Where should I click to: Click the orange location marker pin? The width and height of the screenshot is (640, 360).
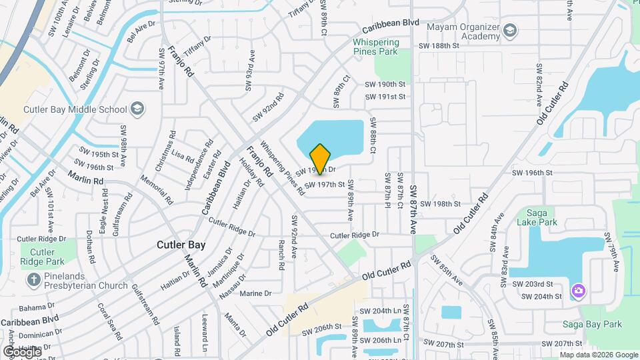point(320,159)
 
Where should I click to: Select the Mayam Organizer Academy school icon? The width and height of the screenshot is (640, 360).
point(510,31)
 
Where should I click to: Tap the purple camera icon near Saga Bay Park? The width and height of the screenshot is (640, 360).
point(577,291)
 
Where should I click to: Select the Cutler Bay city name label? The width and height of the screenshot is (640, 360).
point(181,245)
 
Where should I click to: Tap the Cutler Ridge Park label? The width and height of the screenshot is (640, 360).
point(43,257)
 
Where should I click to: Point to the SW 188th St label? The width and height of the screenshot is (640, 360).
point(439,46)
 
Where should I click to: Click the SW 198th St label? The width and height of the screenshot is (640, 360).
point(439,203)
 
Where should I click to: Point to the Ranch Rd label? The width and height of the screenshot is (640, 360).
point(281,251)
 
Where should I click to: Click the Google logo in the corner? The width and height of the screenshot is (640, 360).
point(22,351)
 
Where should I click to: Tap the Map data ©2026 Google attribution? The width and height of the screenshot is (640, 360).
point(599,355)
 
